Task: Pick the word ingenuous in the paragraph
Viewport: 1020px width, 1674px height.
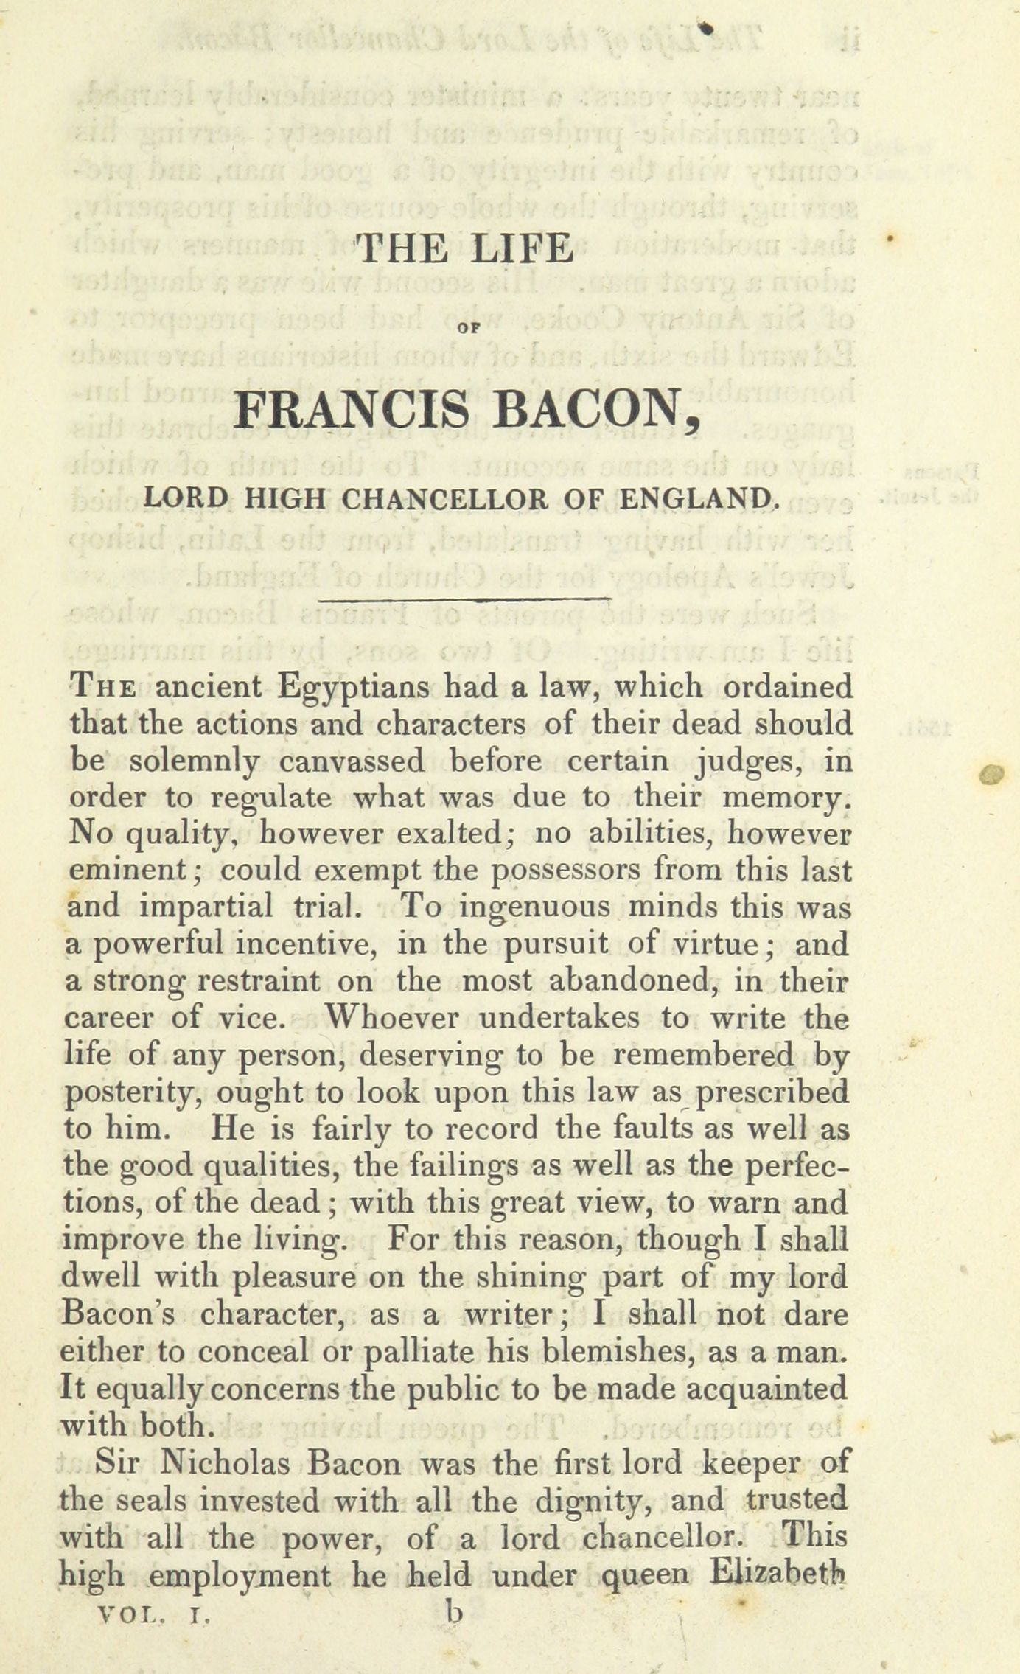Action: point(534,907)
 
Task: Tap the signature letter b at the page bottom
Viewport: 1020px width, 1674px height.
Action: point(455,1612)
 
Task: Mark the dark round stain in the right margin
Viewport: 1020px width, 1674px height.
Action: point(993,773)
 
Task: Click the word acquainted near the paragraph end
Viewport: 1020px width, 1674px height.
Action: point(766,1388)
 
